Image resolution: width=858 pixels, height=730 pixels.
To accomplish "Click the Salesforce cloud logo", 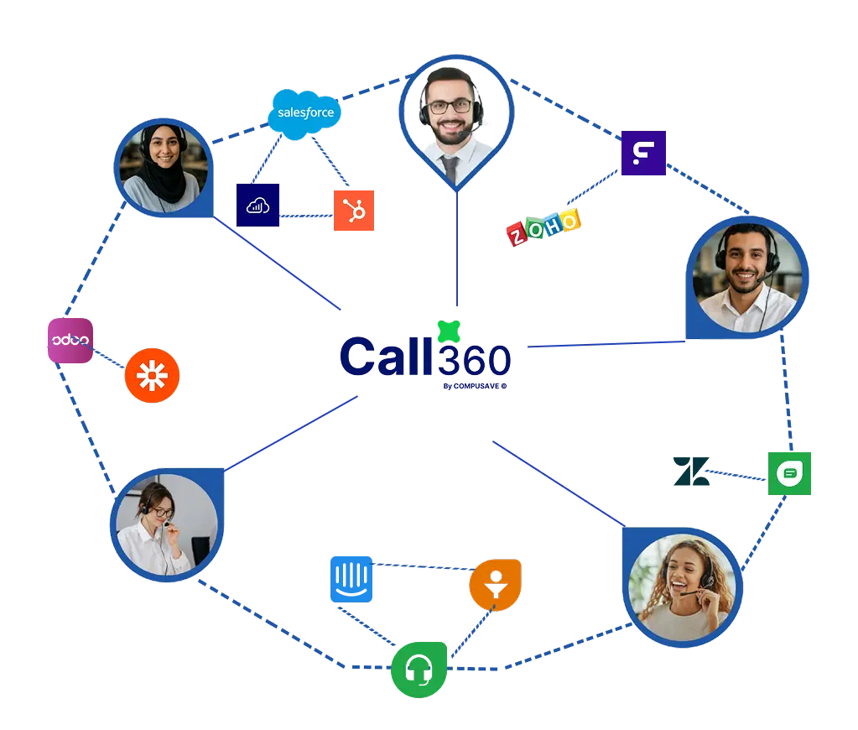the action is (x=304, y=113).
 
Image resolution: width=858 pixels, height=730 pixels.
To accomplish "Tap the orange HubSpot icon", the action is (x=354, y=211).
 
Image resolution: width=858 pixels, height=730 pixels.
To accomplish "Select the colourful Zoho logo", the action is (x=543, y=227).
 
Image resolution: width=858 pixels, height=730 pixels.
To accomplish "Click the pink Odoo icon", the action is (x=70, y=340).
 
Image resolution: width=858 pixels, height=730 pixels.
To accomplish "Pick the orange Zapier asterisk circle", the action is (x=152, y=376).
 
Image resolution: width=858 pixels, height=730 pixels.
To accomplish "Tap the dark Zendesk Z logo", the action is (x=691, y=471).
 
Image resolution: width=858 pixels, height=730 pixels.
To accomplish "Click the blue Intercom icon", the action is (x=351, y=580).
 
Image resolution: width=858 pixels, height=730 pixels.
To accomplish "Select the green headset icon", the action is (x=419, y=670).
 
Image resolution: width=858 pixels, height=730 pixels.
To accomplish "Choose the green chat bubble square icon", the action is (x=789, y=474).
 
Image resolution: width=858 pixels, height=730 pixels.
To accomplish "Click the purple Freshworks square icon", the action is (x=643, y=153).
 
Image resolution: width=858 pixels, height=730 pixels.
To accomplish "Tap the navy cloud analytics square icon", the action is (x=257, y=205).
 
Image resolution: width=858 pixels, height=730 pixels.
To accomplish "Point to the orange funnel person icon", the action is (x=495, y=584).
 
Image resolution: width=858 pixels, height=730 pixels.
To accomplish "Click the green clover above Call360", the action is (x=449, y=331).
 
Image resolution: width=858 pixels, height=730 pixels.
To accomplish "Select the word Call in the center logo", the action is (x=387, y=356).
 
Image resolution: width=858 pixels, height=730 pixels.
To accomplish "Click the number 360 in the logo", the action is (x=474, y=360).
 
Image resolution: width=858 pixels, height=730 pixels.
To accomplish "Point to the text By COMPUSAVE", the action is (x=475, y=386).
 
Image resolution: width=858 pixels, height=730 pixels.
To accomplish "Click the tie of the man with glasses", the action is (x=450, y=169).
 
